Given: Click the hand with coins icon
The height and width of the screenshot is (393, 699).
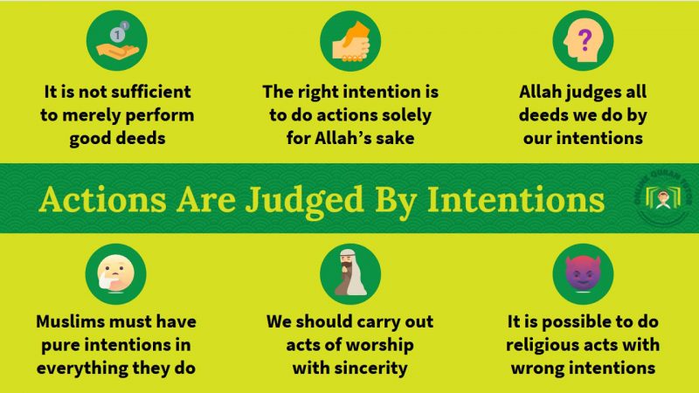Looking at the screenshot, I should coord(116,41).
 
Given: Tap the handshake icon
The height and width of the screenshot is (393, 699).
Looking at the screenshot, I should coord(349,41).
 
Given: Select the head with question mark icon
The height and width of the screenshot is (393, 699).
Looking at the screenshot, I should coord(582,41).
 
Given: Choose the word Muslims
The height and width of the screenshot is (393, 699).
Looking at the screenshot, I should coord(71,321).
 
